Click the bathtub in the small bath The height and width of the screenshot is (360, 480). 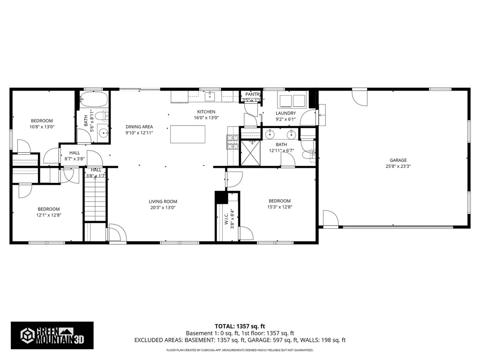94,100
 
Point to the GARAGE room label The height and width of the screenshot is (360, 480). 396,160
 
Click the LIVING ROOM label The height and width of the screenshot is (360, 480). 163,202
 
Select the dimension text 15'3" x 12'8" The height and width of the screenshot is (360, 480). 279,207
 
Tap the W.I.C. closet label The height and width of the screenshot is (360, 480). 226,217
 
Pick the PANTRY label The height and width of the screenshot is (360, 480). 253,94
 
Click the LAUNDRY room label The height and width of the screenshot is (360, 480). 285,113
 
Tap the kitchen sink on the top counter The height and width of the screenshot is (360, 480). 210,97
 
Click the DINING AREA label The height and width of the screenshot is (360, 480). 139,127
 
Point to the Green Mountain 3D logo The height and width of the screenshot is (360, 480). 52,335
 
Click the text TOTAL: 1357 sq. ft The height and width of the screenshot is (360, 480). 240,326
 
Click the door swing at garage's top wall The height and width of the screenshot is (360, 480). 360,97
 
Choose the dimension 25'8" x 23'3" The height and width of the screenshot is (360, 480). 396,166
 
